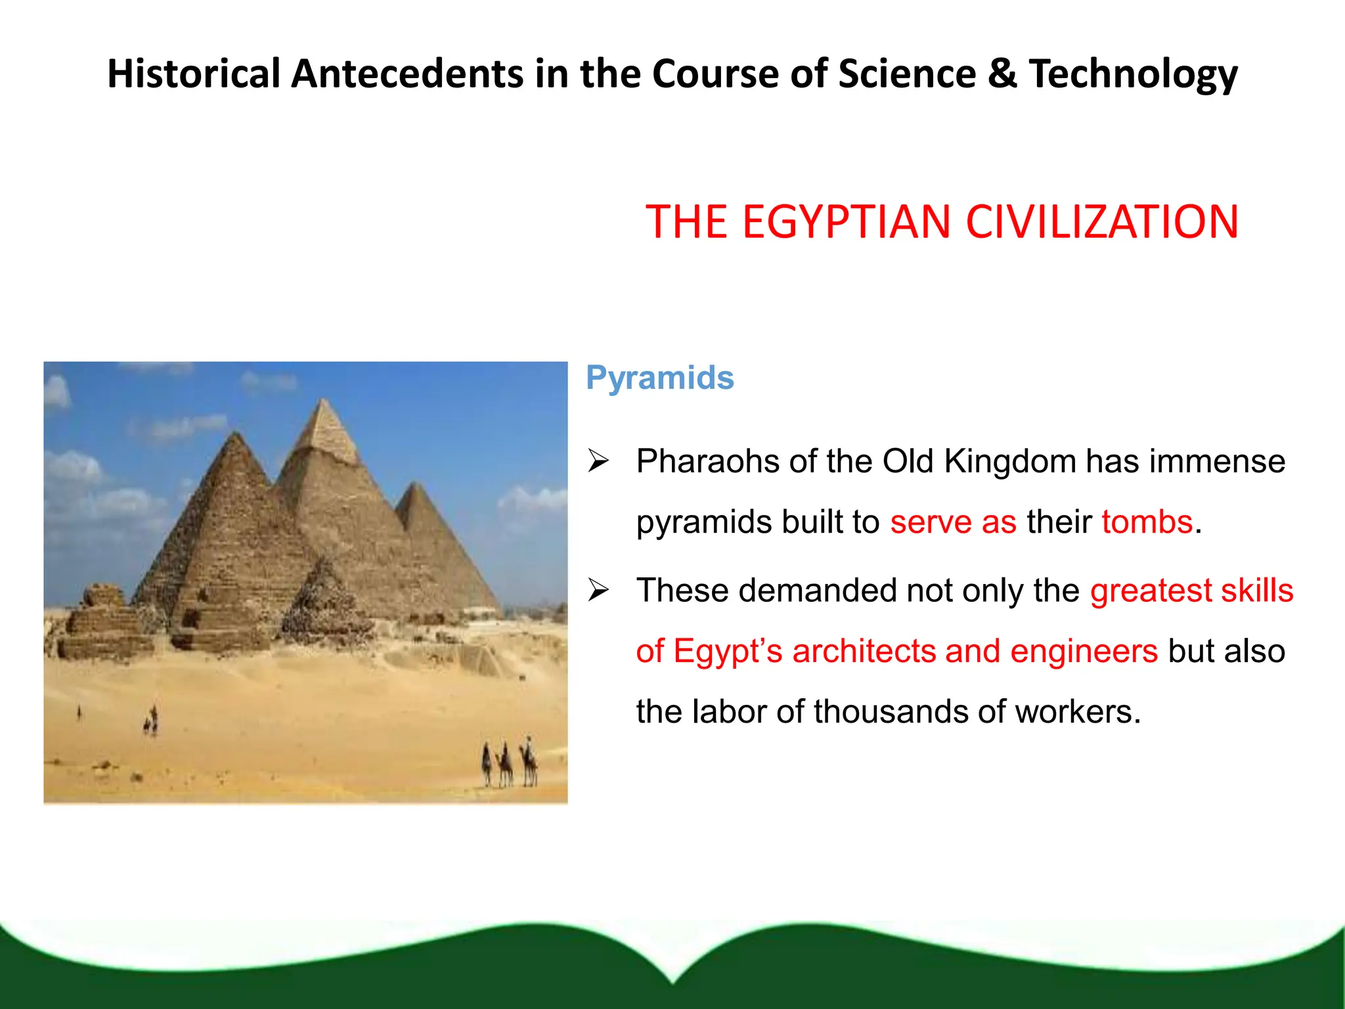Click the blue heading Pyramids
point(659,378)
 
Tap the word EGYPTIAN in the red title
point(847,222)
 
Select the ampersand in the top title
point(1002,73)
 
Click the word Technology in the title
point(1133,74)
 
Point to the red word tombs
point(1147,522)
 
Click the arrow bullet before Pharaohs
point(598,461)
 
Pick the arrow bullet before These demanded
point(598,590)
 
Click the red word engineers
point(1084,651)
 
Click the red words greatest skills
point(1191,590)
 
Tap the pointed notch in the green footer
point(672,979)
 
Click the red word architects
point(864,651)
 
